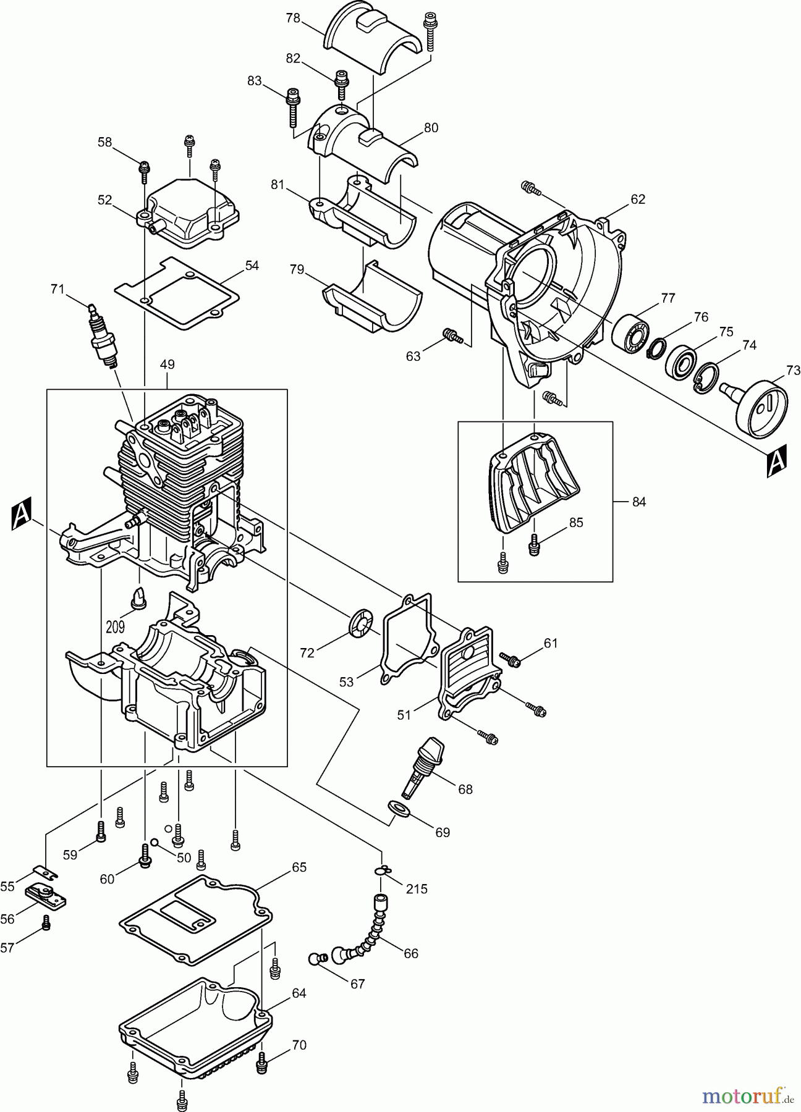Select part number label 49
tap(167, 364)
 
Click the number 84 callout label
tap(638, 502)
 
